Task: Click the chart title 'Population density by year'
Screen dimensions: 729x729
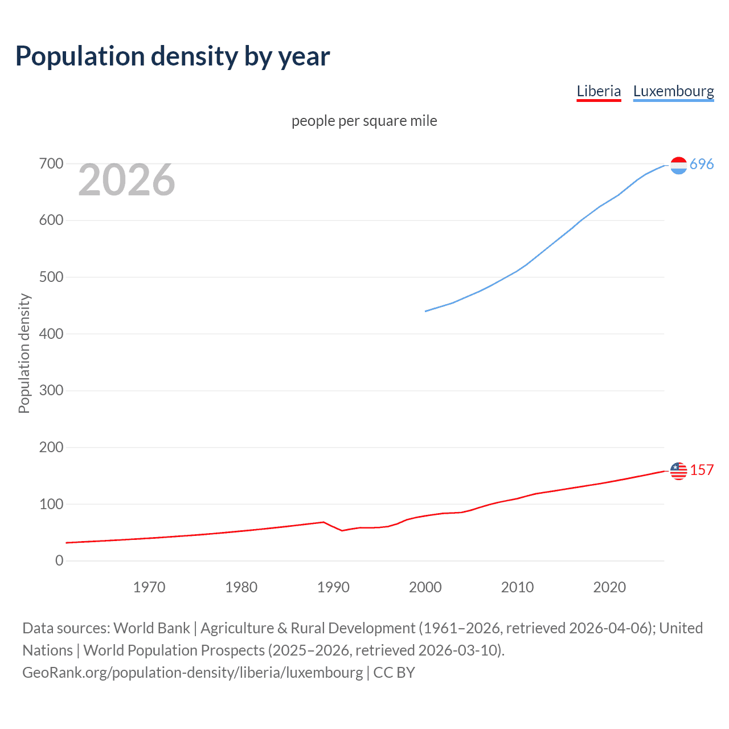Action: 173,56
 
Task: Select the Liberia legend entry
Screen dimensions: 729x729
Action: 599,91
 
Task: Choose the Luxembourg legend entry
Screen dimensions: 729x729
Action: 673,91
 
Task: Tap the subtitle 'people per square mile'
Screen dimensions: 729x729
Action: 364,121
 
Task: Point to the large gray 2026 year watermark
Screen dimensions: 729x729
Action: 126,180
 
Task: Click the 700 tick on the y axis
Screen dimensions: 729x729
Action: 51,164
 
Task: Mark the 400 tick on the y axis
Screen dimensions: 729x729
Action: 51,334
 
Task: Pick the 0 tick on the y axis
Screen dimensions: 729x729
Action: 59,560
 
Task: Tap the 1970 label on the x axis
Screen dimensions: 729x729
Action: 149,587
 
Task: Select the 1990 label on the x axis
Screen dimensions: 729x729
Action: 333,587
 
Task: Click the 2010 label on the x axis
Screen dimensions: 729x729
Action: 517,587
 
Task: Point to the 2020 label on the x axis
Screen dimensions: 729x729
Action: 609,587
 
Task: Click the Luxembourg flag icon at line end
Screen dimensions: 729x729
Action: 678,165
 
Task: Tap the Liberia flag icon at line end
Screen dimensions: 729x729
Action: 678,471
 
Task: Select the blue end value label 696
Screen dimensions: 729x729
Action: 702,165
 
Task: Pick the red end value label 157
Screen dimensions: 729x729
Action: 702,470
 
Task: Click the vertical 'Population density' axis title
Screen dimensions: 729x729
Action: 24,353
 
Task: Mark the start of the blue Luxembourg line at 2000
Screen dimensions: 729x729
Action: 426,311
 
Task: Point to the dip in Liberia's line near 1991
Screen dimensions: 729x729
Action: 342,530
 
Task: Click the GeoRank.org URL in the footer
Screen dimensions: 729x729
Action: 193,673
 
